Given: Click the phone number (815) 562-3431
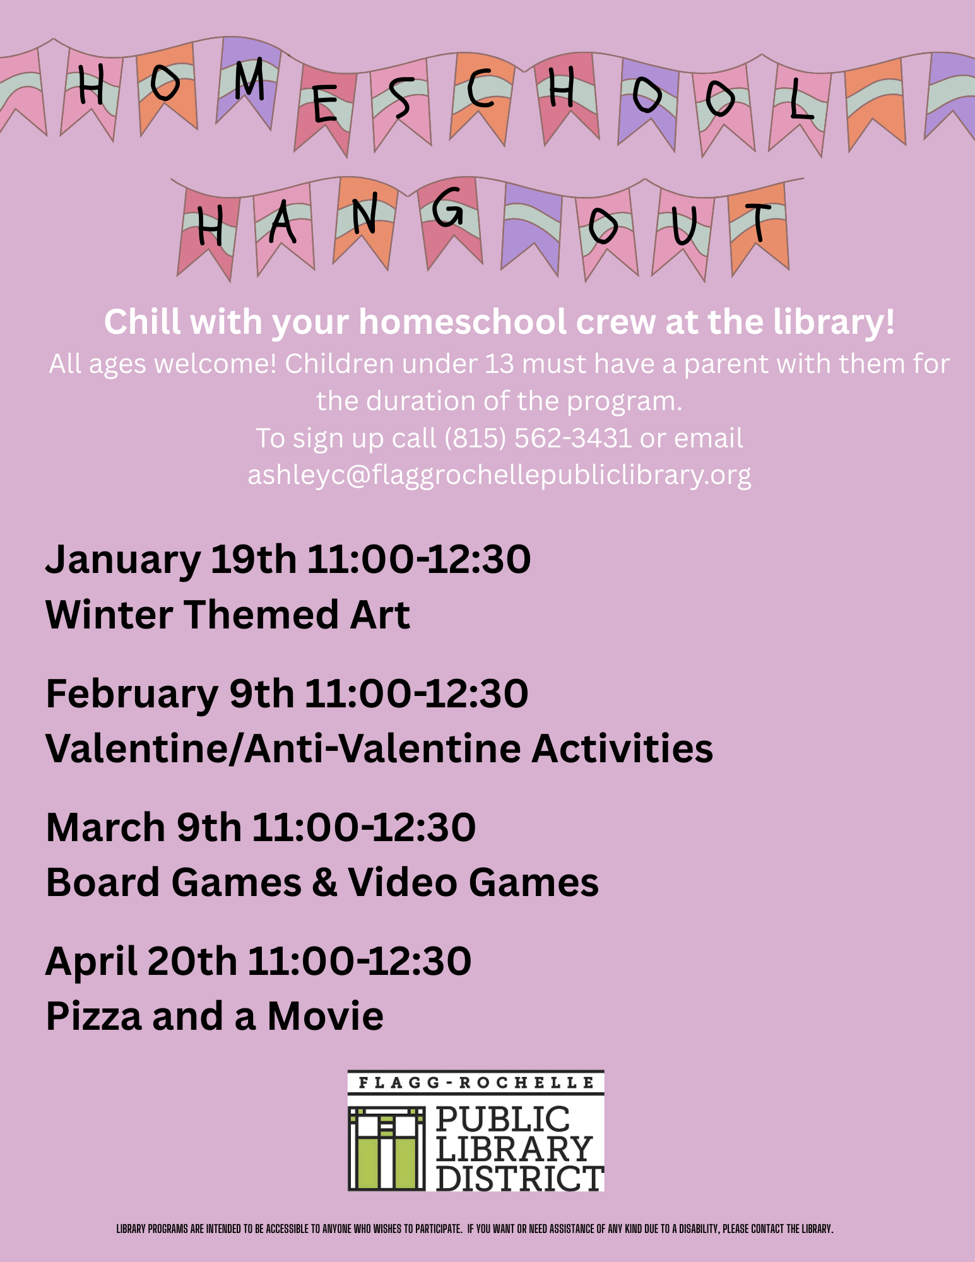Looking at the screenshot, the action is (537, 438).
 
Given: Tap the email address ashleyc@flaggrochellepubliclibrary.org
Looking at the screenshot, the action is (499, 475).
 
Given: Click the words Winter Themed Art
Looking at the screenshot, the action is (228, 615).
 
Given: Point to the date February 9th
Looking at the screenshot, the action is (170, 694).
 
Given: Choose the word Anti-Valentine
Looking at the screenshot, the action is (383, 748).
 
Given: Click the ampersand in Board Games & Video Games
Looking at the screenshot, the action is (324, 882).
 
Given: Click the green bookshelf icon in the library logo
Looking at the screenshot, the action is (387, 1148).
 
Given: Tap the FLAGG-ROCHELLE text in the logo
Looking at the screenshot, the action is (476, 1083).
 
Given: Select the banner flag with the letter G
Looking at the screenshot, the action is (449, 221).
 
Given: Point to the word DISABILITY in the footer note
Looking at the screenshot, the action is (697, 1229).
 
